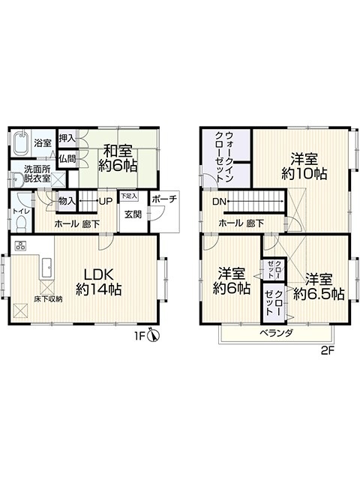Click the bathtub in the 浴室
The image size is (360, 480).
pos(21,143)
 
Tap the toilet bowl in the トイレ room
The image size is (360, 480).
pos(22,223)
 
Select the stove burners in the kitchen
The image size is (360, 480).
pos(21,245)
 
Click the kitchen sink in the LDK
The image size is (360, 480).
pos(47,268)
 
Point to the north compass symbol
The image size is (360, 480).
pos(153,334)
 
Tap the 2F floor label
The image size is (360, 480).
pos(327,351)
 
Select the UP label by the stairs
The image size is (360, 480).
pos(106,201)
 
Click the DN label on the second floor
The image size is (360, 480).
pos(219,202)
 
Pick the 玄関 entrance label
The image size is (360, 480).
pos(133,214)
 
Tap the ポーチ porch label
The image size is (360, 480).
pos(164,199)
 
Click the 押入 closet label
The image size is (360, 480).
pos(67,138)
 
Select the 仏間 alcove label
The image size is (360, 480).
pos(67,159)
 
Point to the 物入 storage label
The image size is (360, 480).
pos(67,201)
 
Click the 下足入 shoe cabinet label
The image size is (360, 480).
pos(129,196)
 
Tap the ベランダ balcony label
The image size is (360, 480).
pos(277,333)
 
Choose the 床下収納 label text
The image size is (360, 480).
pos(48,299)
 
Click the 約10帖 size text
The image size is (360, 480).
pos(304,174)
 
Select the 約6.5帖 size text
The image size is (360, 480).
pos(319,294)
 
